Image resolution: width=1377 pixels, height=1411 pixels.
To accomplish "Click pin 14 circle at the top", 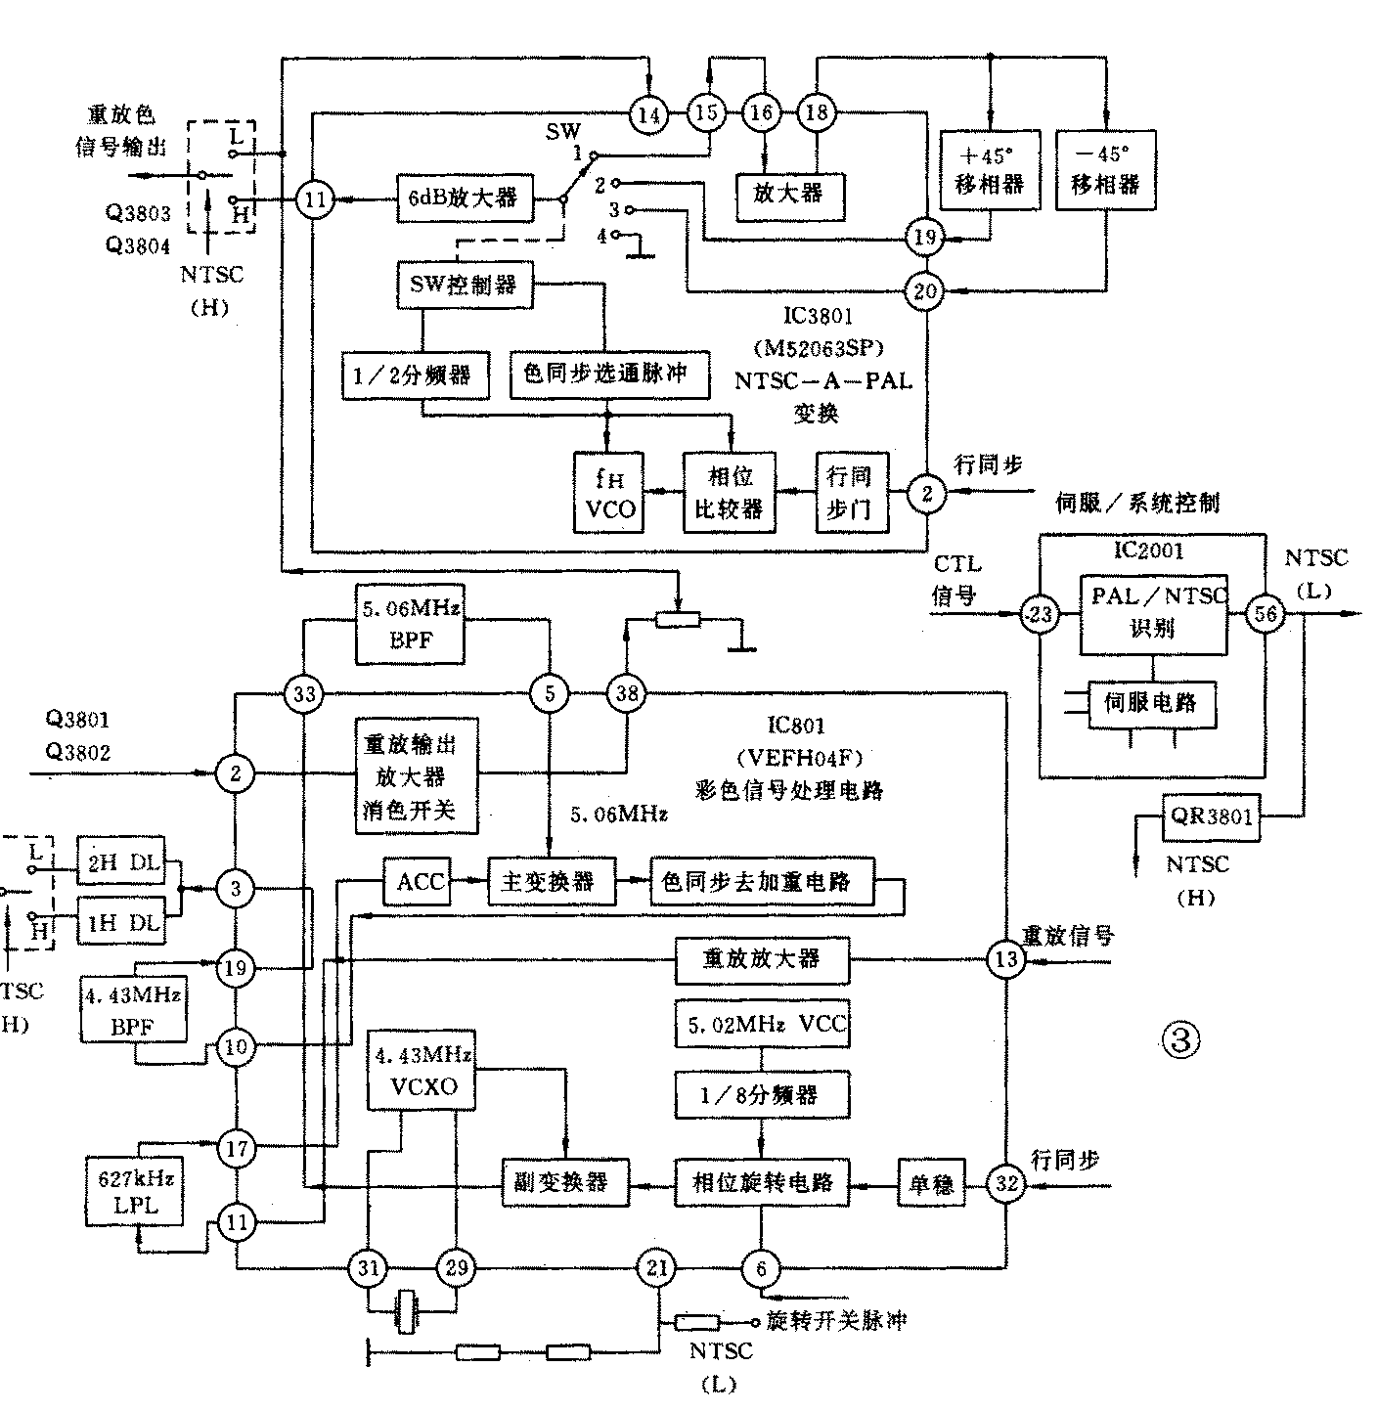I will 648,114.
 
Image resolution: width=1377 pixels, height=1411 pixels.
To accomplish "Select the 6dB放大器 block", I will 464,198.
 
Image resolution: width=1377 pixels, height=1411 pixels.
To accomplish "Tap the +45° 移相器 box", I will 989,169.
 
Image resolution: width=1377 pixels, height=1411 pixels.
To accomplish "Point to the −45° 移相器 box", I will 1105,169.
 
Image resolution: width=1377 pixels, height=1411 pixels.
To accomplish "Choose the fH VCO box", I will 609,493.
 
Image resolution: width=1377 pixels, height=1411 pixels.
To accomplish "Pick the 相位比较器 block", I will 730,493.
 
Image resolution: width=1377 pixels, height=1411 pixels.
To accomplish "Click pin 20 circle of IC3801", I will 925,290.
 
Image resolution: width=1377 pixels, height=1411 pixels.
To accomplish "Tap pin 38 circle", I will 626,694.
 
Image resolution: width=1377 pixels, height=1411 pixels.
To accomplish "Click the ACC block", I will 421,883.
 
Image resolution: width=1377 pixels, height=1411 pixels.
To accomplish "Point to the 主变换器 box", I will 554,883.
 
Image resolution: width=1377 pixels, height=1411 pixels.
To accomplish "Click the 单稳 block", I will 931,1182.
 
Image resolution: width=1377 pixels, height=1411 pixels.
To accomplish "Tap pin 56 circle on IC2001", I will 1266,614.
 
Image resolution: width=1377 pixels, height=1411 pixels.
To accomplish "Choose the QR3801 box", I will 1212,816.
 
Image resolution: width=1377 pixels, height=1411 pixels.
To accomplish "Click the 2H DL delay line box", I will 120,862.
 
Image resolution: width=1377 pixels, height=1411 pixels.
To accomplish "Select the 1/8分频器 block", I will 761,1096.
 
